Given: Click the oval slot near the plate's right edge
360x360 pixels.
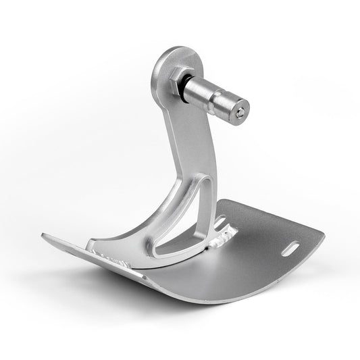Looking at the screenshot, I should [x=294, y=249].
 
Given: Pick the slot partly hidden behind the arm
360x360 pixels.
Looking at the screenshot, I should [x=220, y=220].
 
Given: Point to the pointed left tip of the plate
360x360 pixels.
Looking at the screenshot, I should [x=45, y=236].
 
